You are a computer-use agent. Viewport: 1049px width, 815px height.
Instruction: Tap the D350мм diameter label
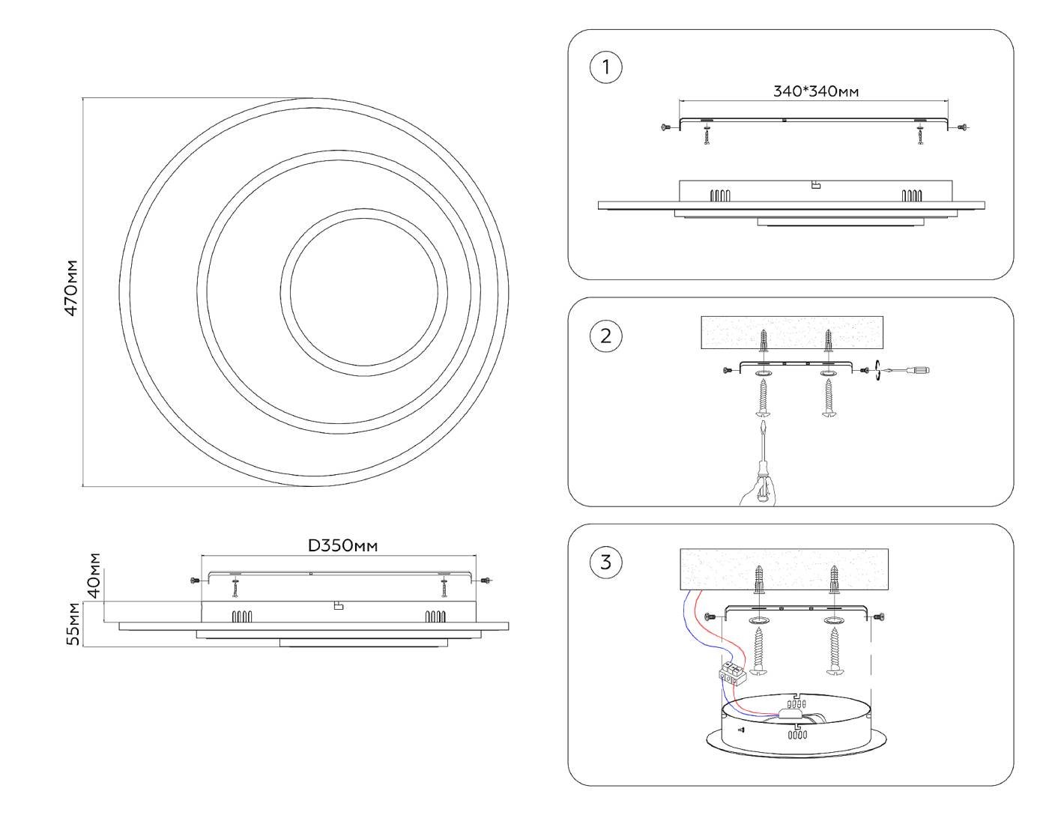coord(343,545)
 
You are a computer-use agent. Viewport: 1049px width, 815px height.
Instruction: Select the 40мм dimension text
coord(94,575)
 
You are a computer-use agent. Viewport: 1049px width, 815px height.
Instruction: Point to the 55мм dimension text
coord(73,623)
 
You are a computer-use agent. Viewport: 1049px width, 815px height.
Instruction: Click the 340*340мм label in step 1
coord(815,91)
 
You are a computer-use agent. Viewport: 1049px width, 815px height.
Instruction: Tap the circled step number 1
coord(605,68)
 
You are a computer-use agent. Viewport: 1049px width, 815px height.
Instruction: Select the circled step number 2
coord(605,336)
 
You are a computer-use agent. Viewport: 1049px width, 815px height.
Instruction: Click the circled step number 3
coord(605,562)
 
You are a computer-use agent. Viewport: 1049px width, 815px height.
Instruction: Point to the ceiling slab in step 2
coord(792,332)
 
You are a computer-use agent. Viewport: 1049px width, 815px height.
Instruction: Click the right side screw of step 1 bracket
coord(962,128)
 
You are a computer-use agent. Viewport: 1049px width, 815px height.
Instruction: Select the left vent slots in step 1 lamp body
coord(719,196)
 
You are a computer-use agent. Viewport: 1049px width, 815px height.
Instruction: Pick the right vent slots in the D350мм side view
coord(435,617)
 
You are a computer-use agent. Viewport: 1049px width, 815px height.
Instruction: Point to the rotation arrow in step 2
coord(877,369)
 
